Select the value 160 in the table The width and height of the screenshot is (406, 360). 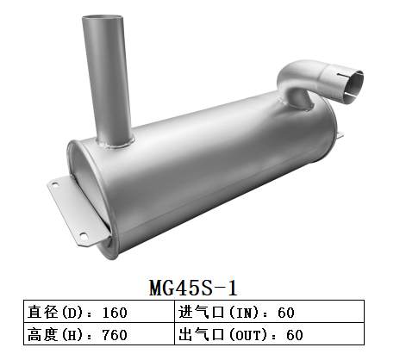(x=116, y=312)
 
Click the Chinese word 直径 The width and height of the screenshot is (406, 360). (x=41, y=312)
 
